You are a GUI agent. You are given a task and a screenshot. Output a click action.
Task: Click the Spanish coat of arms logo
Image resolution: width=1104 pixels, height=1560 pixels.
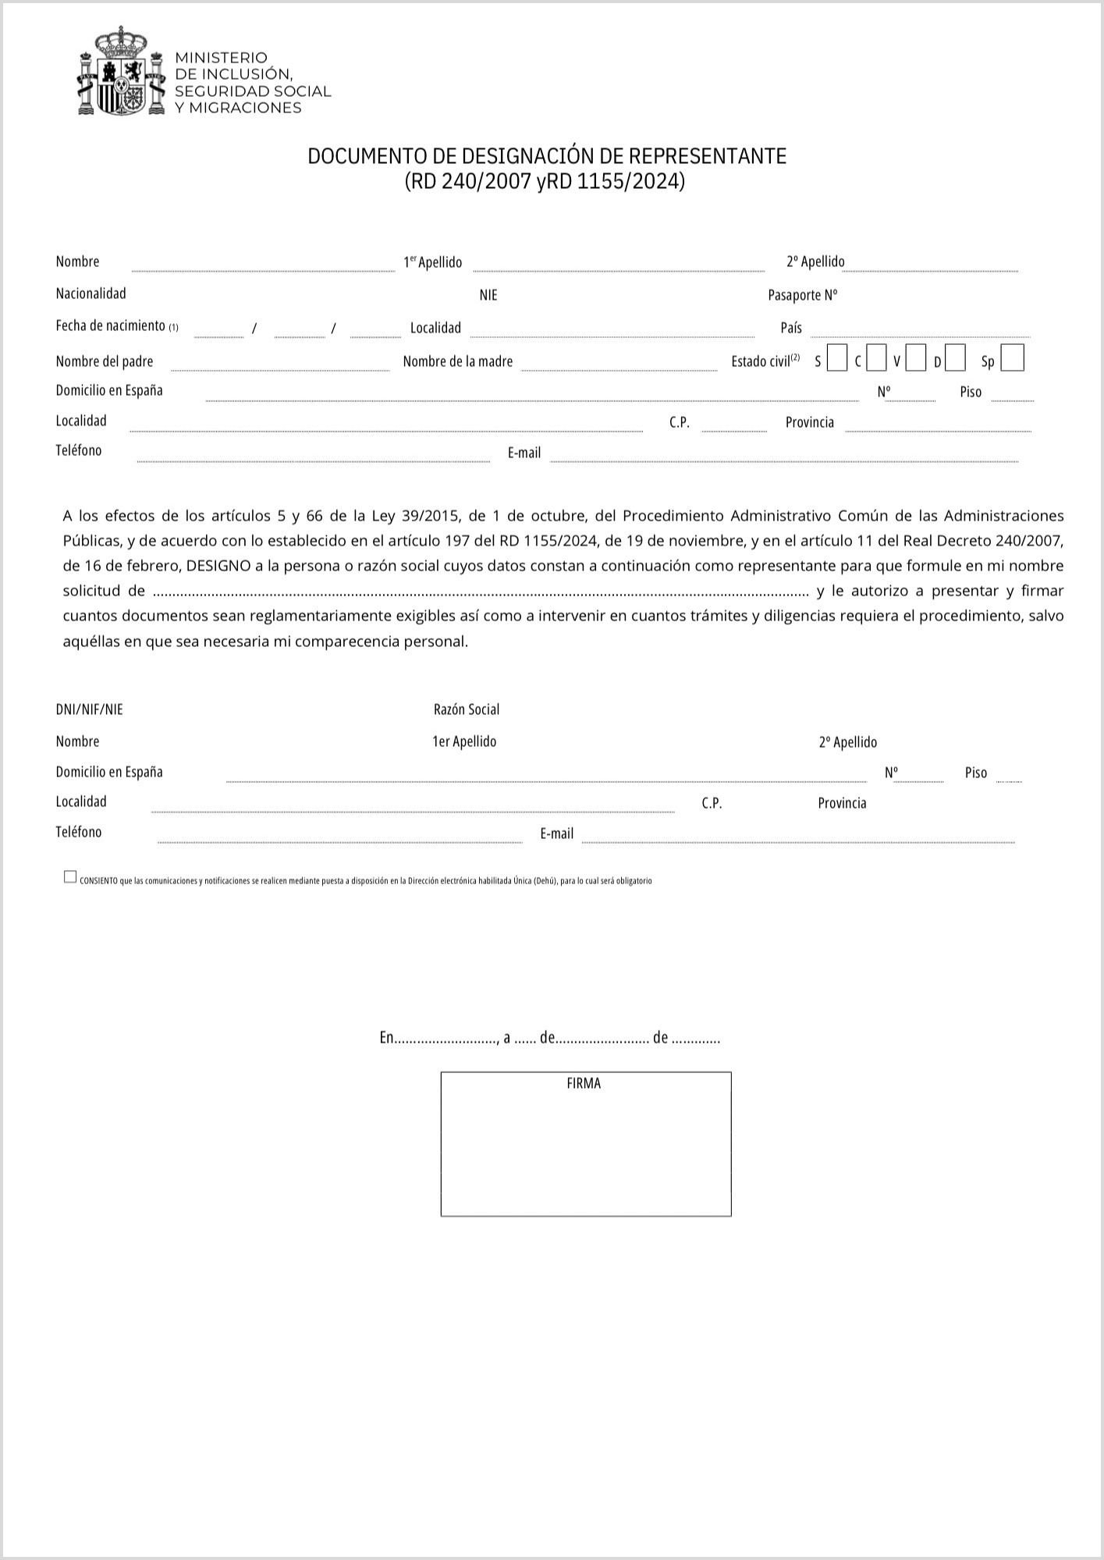(122, 72)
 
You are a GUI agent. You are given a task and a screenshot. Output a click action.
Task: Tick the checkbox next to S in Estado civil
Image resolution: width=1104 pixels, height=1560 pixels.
(836, 359)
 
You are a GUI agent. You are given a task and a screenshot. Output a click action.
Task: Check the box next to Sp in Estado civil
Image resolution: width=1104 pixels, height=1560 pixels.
(1012, 359)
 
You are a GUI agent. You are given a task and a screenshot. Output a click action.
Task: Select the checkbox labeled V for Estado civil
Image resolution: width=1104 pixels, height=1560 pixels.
(916, 359)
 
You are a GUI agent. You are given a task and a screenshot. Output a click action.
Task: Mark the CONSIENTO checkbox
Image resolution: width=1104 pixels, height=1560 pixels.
(70, 877)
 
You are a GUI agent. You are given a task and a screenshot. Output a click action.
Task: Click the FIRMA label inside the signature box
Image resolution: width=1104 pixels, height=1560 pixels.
(584, 1083)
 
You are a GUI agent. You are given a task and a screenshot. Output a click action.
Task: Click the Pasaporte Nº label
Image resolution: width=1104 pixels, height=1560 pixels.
(802, 295)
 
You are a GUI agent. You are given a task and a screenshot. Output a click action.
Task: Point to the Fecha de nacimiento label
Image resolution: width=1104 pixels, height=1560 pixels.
(110, 325)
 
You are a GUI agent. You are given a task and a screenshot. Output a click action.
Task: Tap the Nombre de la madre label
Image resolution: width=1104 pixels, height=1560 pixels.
(457, 361)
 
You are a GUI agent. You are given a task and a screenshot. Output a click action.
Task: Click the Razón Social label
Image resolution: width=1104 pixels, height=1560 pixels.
(466, 709)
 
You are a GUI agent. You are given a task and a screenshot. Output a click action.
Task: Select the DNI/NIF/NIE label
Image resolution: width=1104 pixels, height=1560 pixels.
(89, 709)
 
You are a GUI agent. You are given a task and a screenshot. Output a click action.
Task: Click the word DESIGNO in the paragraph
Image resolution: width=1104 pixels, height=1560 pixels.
(218, 566)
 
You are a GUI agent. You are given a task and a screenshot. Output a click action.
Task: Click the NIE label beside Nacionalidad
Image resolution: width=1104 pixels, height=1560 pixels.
(488, 295)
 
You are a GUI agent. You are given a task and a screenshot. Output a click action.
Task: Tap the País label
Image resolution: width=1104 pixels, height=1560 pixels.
(790, 328)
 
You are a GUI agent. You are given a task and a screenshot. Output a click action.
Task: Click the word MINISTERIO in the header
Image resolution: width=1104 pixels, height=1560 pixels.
(221, 58)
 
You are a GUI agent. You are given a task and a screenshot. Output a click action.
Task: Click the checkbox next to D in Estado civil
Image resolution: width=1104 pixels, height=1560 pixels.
(955, 359)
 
